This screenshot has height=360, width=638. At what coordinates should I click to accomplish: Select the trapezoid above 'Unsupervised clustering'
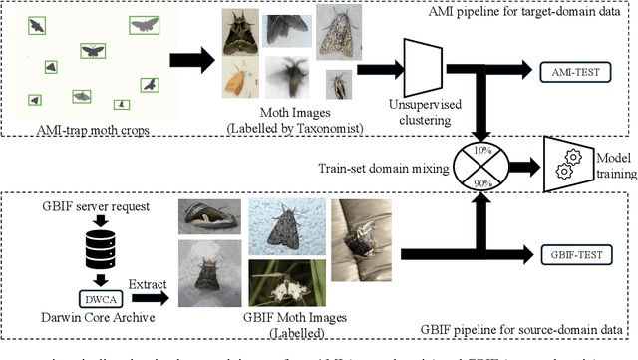tap(419, 66)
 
